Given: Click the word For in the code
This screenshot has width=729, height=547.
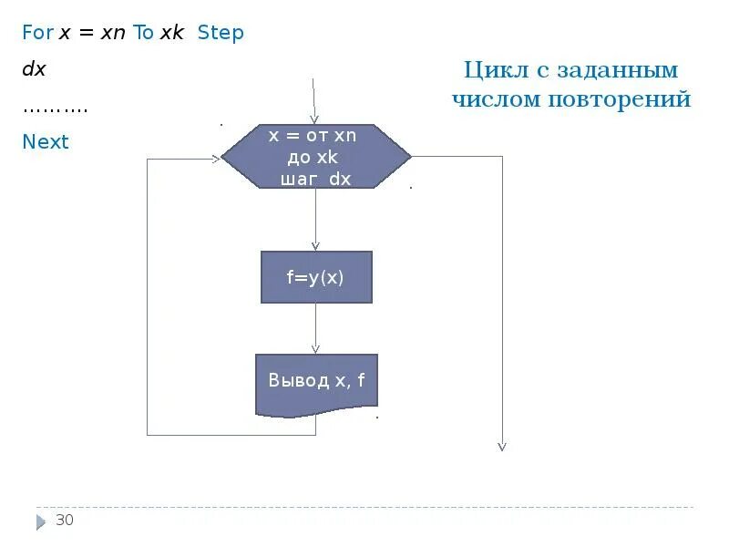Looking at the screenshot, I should point(38,33).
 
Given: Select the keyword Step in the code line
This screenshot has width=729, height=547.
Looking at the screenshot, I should point(221,33).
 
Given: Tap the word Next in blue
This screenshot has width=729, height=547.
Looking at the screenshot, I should point(46,141).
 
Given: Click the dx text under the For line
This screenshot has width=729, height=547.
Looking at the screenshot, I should point(34,69).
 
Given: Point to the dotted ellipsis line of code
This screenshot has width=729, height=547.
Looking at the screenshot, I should point(55,108).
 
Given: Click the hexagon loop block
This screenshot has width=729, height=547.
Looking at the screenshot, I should point(315,157).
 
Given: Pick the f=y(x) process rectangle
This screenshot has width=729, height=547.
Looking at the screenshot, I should point(316,277).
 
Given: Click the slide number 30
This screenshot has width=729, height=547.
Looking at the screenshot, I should point(65,521).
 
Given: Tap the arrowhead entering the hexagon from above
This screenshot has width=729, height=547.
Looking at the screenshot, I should point(315,119).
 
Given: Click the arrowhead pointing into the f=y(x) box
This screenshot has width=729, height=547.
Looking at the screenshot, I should point(316,245).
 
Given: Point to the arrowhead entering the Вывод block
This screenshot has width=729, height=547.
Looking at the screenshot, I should point(316,348).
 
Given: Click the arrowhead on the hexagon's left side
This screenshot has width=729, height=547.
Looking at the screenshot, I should point(216,158).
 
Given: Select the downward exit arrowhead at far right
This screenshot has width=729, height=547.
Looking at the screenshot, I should point(501,446).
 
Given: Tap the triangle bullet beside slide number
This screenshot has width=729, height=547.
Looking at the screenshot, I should point(41,522).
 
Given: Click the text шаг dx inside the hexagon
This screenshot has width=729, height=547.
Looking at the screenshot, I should point(316,180).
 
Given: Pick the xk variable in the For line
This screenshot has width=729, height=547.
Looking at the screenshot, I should point(172,33).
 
